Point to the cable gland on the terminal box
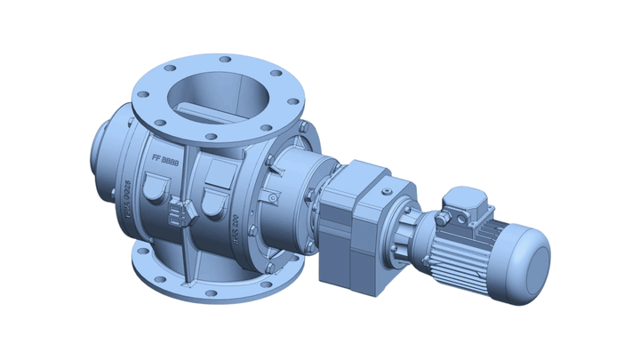[x=442, y=216]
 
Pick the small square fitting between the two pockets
[x=186, y=213]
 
